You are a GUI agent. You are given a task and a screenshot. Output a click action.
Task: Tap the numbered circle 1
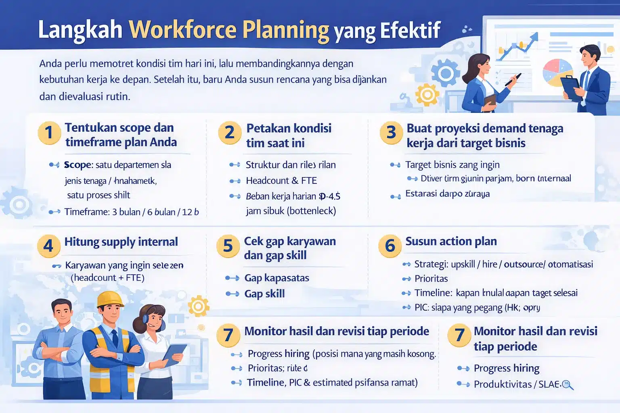(49, 133)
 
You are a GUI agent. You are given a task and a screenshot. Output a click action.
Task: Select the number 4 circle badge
(48, 246)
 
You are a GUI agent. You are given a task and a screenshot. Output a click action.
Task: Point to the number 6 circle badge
(390, 245)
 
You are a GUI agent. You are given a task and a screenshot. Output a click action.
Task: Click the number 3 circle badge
(391, 132)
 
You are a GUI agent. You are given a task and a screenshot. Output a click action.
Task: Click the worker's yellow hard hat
(110, 299)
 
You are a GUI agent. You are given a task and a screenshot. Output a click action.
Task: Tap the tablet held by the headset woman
(174, 354)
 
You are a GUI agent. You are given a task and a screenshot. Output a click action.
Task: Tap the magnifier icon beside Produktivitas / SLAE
(568, 385)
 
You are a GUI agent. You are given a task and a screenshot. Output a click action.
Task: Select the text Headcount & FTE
(281, 181)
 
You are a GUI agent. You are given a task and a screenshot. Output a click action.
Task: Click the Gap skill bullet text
(264, 294)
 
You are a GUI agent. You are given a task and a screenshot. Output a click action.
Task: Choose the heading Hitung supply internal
(121, 242)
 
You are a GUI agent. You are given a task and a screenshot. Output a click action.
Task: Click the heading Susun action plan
(451, 241)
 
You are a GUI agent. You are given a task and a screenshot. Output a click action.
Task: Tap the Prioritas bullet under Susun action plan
(431, 279)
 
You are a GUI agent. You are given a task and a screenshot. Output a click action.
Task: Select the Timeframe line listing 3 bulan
(131, 212)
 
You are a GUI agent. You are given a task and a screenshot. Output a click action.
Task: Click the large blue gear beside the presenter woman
(445, 73)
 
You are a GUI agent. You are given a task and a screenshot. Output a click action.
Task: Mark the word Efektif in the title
(410, 30)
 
